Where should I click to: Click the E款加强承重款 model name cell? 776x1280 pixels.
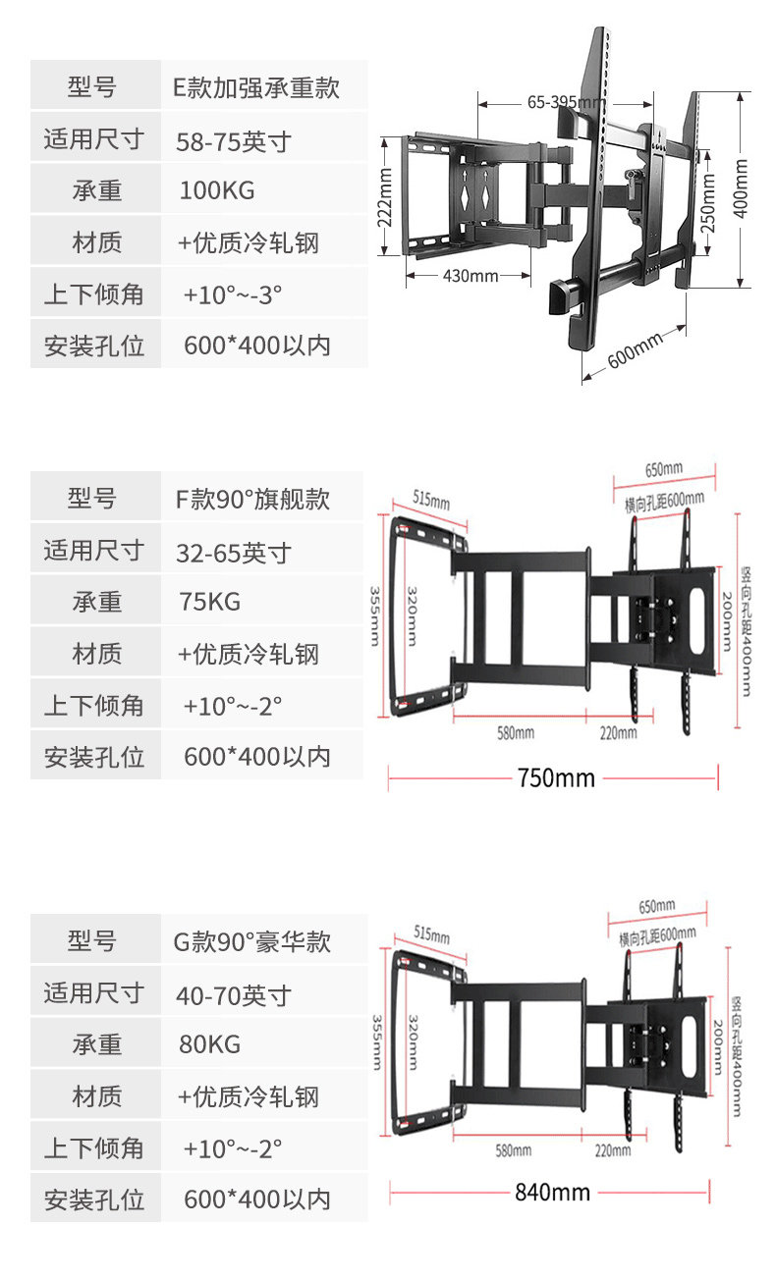[256, 87]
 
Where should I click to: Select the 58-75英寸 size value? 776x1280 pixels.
[234, 141]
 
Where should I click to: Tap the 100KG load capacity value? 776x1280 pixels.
[216, 190]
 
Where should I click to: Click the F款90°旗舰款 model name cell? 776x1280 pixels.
[252, 499]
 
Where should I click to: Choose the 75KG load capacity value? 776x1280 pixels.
[209, 602]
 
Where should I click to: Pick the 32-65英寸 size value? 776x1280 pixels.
[234, 553]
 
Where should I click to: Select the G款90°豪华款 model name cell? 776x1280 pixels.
[252, 942]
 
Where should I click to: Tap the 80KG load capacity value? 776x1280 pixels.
[209, 1043]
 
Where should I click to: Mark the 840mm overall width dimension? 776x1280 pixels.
[552, 1193]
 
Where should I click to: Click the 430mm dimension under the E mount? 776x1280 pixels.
[471, 276]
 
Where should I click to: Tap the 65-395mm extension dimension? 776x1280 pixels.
[566, 102]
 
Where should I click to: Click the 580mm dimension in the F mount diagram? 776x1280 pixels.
[515, 733]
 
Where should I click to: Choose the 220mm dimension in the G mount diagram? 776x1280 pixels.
[613, 1149]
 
